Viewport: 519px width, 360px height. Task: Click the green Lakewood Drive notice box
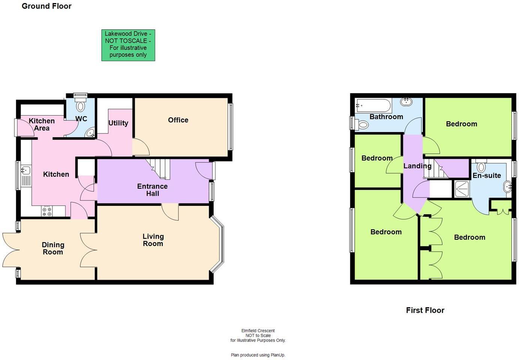pyautogui.click(x=128, y=45)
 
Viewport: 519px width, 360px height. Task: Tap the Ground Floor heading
pyautogui.click(x=46, y=6)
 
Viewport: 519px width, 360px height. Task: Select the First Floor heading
pyautogui.click(x=425, y=310)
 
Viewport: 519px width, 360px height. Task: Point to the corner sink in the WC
pyautogui.click(x=90, y=133)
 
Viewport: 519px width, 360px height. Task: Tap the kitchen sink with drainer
pyautogui.click(x=25, y=176)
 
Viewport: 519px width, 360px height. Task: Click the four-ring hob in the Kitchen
pyautogui.click(x=47, y=211)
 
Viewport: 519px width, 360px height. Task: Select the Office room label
pyautogui.click(x=178, y=120)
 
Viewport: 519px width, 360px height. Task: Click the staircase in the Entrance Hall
pyautogui.click(x=159, y=168)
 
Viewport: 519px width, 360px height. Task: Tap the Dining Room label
pyautogui.click(x=53, y=248)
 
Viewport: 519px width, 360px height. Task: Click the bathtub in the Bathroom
pyautogui.click(x=373, y=105)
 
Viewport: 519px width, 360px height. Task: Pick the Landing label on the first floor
pyautogui.click(x=417, y=166)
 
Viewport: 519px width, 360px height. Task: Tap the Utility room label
pyautogui.click(x=118, y=123)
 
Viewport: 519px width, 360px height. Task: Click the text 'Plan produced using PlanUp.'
pyautogui.click(x=258, y=355)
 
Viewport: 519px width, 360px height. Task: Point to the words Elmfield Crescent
pyautogui.click(x=258, y=331)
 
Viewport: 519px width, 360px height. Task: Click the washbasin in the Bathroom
pyautogui.click(x=406, y=101)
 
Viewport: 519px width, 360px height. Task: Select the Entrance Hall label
pyautogui.click(x=152, y=190)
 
